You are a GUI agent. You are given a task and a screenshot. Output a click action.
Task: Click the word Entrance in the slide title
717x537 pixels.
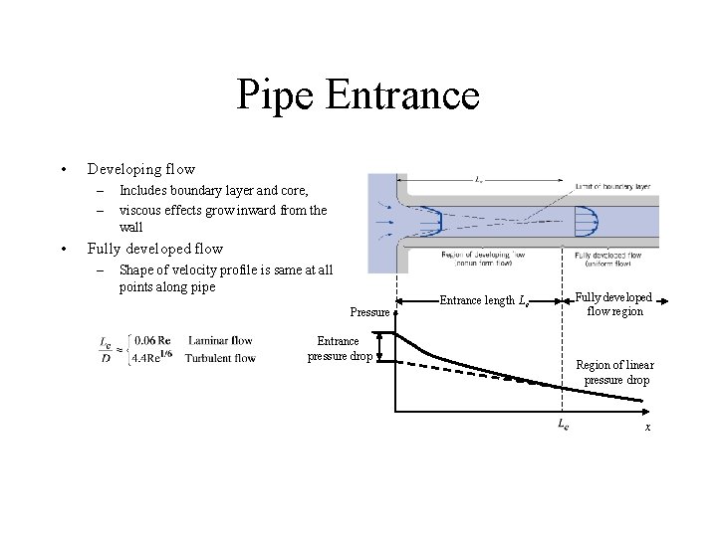(x=402, y=95)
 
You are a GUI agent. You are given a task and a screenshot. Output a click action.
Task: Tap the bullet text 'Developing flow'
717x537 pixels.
(x=140, y=169)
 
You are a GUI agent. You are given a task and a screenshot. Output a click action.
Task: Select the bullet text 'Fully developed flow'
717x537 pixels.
(x=154, y=249)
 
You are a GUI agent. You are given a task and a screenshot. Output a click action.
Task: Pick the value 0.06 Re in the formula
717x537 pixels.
(x=152, y=341)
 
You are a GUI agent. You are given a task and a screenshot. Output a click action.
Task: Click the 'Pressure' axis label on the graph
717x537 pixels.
(x=369, y=312)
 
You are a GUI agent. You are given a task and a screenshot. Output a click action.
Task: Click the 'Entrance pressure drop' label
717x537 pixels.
(x=339, y=348)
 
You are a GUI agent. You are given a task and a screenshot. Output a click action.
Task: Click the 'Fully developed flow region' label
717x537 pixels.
(x=613, y=304)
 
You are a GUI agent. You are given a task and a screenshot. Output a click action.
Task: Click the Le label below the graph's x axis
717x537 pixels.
(x=562, y=425)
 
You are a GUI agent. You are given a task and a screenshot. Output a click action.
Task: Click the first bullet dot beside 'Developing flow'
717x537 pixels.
(x=62, y=170)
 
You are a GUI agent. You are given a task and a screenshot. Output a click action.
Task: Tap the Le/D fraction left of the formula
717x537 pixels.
(x=106, y=349)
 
